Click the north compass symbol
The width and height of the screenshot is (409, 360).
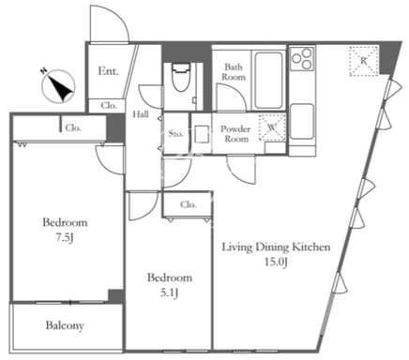pyautogui.click(x=58, y=85)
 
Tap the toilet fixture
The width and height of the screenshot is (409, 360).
pyautogui.click(x=180, y=76)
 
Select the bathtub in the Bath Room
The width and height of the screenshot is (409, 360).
pyautogui.click(x=268, y=81)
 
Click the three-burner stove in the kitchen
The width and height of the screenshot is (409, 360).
pyautogui.click(x=302, y=58)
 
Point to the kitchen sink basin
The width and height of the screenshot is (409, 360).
pyautogui.click(x=302, y=121)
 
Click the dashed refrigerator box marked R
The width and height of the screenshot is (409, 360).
pyautogui.click(x=364, y=61)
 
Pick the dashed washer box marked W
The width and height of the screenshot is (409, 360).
pyautogui.click(x=272, y=127)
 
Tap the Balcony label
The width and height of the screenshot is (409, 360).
pyautogui.click(x=65, y=325)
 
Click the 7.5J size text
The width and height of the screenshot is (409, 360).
pyautogui.click(x=65, y=238)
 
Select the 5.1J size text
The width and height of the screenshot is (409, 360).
pyautogui.click(x=170, y=293)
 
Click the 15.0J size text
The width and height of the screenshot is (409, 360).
pyautogui.click(x=276, y=262)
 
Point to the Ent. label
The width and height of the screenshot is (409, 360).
pyautogui.click(x=108, y=71)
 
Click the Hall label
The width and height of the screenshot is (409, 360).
pyautogui.click(x=141, y=114)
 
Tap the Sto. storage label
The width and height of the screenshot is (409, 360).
pyautogui.click(x=175, y=134)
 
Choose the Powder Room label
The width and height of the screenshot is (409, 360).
pyautogui.click(x=235, y=134)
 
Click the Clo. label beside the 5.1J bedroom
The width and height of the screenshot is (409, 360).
pyautogui.click(x=189, y=204)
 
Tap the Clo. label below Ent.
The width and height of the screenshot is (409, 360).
pyautogui.click(x=109, y=106)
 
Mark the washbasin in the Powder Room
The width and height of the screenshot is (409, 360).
pyautogui.click(x=202, y=134)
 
